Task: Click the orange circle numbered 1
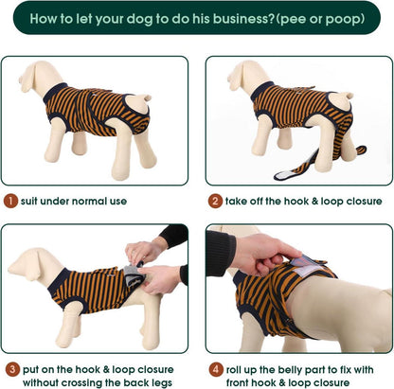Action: tap(11, 201)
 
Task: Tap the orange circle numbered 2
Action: tap(215, 201)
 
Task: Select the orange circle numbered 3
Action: tap(12, 369)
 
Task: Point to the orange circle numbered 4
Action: tap(216, 369)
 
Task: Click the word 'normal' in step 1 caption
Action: tap(87, 201)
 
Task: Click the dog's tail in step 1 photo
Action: tap(147, 97)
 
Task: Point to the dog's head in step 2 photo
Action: tap(249, 75)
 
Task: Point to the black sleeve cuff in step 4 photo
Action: tap(221, 253)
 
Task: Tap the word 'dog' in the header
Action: tap(140, 20)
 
